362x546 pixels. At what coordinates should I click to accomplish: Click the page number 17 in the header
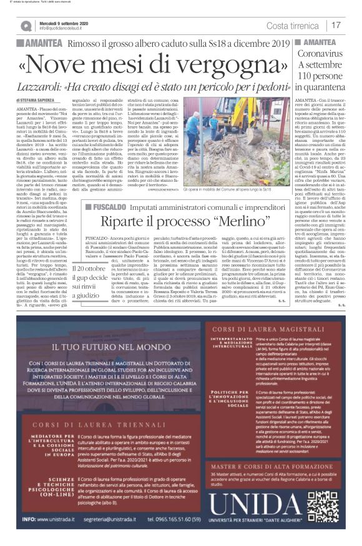(x=336, y=25)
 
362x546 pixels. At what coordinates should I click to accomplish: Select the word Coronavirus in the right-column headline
(x=328, y=53)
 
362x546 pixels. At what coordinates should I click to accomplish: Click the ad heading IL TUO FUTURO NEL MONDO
(x=102, y=362)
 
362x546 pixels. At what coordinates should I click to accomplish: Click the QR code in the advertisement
(x=324, y=509)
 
